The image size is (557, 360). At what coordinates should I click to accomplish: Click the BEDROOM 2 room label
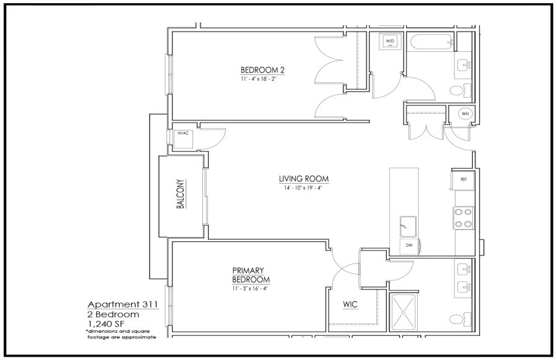[262, 70]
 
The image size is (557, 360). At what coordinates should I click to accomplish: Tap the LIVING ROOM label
[304, 179]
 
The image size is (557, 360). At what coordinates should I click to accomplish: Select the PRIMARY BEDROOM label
[251, 275]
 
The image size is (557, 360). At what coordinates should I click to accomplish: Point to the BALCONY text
[181, 194]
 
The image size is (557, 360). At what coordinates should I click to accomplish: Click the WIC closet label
[350, 304]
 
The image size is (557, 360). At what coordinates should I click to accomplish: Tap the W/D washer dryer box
[390, 42]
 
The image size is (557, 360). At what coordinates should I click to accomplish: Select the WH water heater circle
[465, 114]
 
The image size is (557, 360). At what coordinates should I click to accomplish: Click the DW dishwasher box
[409, 246]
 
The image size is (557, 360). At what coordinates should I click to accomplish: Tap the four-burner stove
[464, 218]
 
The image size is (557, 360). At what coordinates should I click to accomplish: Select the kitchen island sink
[408, 226]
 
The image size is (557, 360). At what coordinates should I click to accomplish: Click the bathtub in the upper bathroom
[431, 42]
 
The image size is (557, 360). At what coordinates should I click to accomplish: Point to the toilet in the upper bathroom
[460, 90]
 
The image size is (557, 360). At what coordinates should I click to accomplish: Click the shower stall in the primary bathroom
[403, 312]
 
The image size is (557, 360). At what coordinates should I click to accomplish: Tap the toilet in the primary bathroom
[460, 319]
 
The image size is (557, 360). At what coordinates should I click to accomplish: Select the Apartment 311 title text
[123, 304]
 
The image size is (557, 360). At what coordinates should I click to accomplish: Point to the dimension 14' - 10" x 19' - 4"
[303, 188]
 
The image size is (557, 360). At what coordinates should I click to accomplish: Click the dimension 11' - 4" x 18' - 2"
[258, 79]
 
